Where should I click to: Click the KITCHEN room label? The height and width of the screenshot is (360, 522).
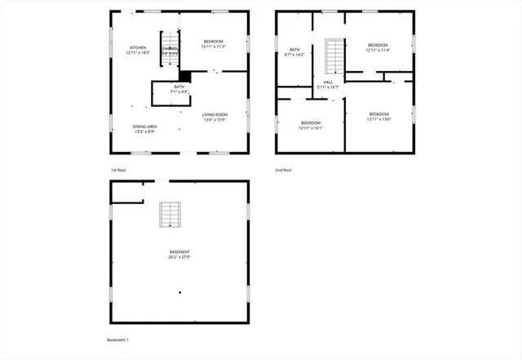[137, 47]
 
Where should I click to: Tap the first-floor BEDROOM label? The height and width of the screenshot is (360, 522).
[213, 41]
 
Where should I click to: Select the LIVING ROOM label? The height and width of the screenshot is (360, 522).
[215, 114]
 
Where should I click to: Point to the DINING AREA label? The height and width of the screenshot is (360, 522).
[145, 127]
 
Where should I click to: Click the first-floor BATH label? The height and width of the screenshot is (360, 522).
[179, 87]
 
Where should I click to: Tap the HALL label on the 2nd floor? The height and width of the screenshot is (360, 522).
[328, 82]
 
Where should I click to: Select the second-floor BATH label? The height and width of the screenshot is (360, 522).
[294, 50]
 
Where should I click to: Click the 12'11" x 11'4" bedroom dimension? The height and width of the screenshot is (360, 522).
[378, 51]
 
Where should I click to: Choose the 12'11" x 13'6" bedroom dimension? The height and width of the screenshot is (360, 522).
[378, 119]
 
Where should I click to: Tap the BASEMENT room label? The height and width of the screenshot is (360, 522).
[179, 251]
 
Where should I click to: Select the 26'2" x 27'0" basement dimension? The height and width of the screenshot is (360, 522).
[179, 257]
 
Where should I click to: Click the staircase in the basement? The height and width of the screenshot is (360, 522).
[170, 214]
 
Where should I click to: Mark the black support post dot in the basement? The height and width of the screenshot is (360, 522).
[180, 292]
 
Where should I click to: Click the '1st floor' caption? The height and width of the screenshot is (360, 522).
[118, 170]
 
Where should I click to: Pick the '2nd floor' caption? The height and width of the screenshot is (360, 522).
[283, 170]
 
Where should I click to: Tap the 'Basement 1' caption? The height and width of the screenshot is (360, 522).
[118, 340]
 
